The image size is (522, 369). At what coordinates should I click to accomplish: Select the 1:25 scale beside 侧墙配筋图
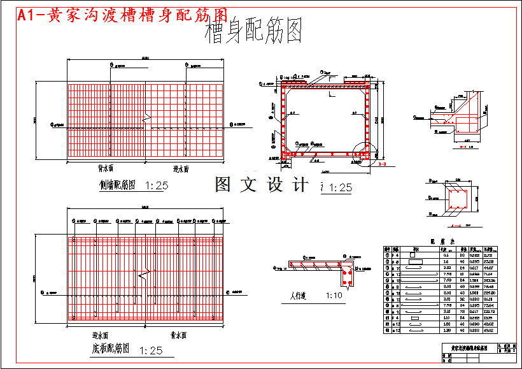coord(156,186)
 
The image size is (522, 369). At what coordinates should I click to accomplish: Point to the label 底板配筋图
coord(109,349)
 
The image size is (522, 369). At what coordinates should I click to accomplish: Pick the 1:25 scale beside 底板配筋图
coord(151,350)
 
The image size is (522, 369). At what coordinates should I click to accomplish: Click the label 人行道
coord(299,296)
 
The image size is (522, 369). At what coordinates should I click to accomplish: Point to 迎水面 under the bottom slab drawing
coord(100,334)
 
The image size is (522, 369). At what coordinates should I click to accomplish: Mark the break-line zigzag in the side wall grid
coord(146,118)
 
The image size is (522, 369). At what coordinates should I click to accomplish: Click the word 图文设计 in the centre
coord(262,185)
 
